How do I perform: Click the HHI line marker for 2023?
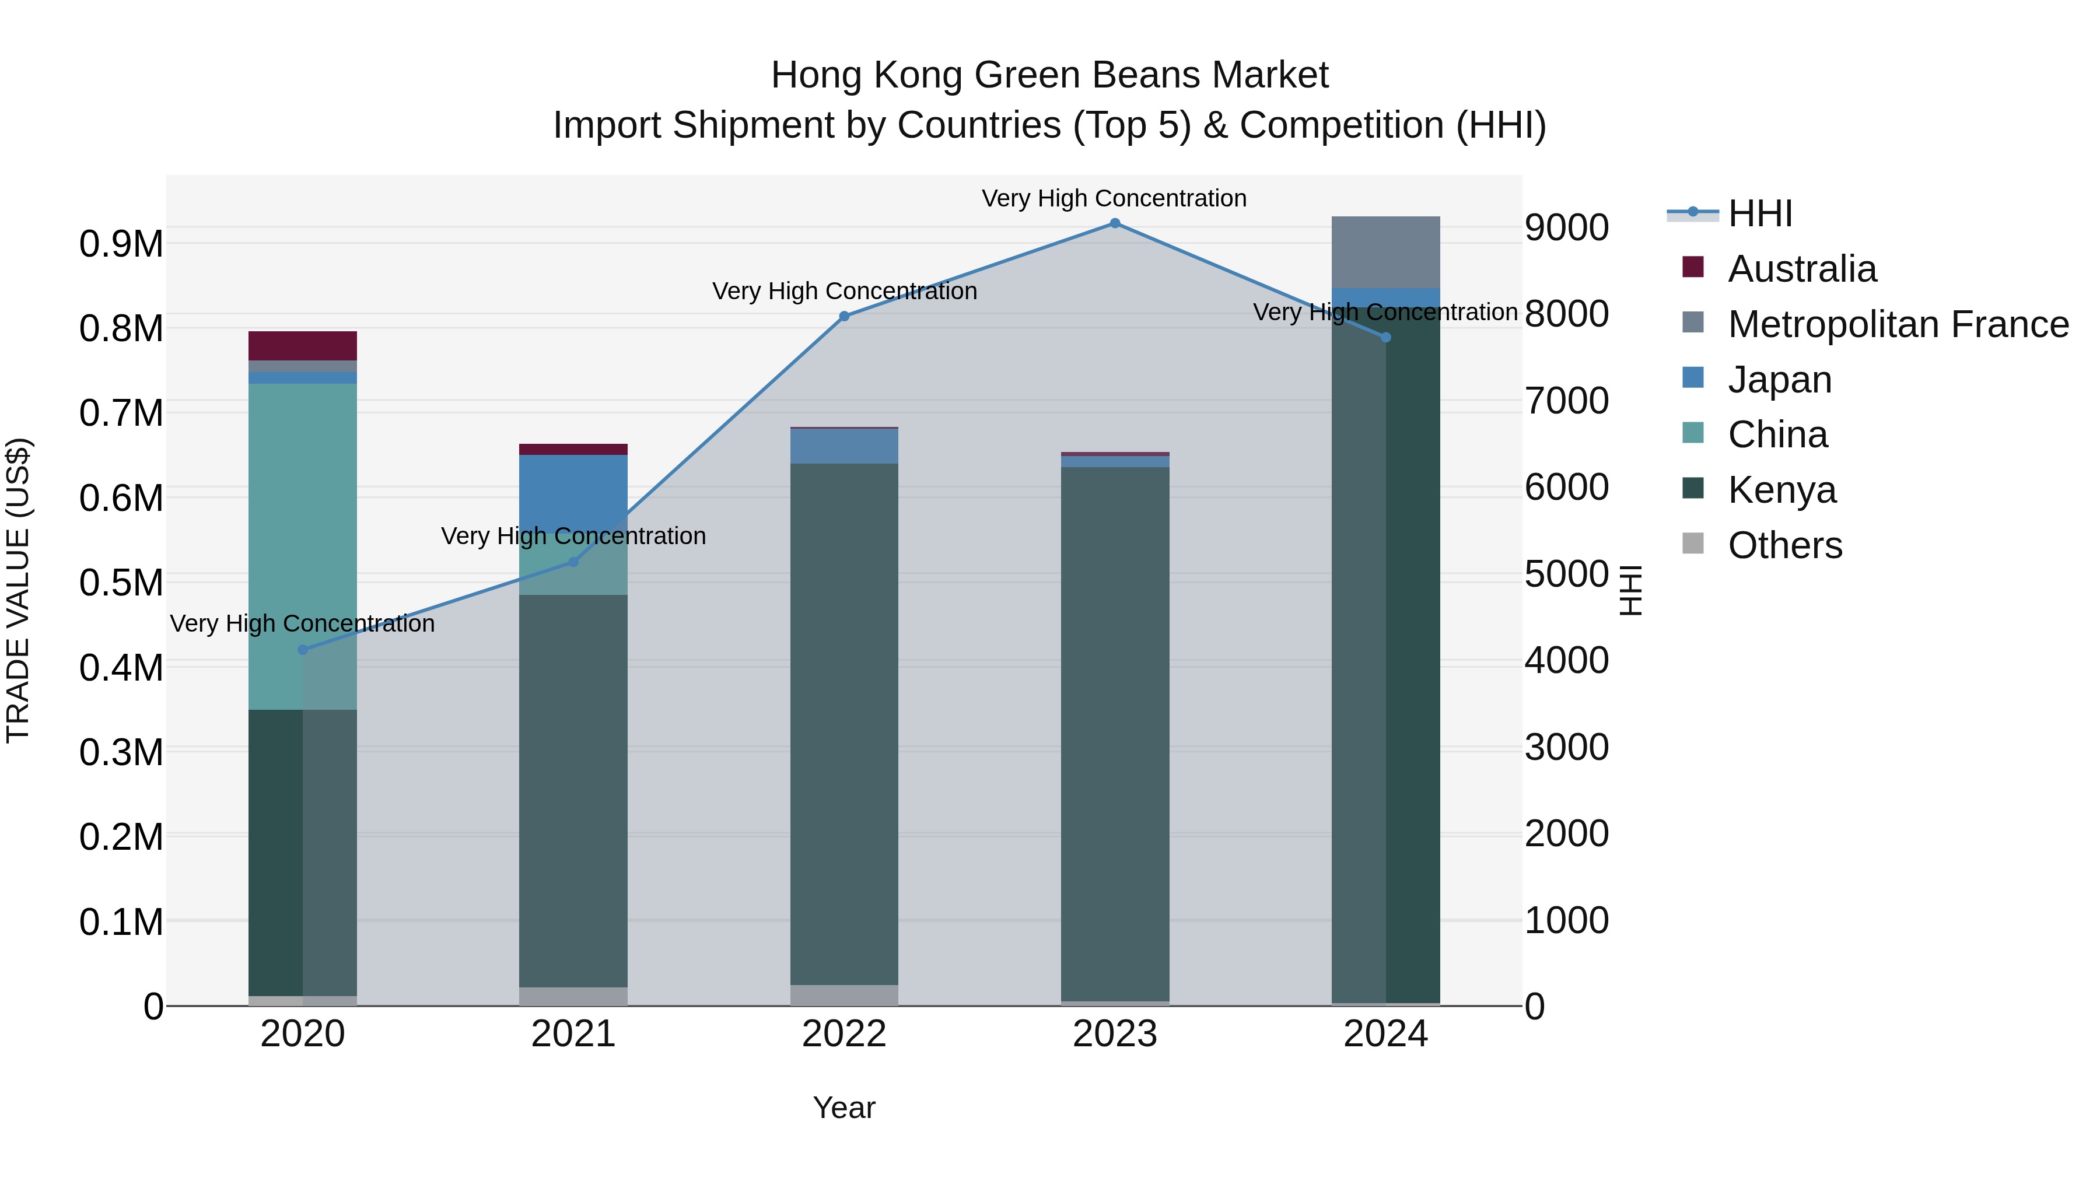click(x=1114, y=223)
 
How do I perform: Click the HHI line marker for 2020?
click(x=302, y=650)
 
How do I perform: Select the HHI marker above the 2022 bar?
click(x=843, y=316)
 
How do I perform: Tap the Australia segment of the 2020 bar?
click(x=302, y=346)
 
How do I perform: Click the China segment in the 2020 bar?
click(x=302, y=546)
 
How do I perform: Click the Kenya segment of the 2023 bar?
click(x=1114, y=734)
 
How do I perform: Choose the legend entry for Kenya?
click(x=1781, y=490)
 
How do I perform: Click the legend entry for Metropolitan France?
click(x=1897, y=324)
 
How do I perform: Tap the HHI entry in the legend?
click(x=1759, y=213)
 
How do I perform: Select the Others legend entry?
click(x=1784, y=545)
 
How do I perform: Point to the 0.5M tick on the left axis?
click(x=121, y=583)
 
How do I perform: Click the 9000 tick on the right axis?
click(x=1566, y=227)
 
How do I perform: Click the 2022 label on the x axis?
click(x=843, y=1034)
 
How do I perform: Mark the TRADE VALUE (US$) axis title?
click(x=18, y=590)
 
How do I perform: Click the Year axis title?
click(x=843, y=1108)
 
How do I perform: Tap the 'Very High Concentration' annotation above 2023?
click(x=1114, y=198)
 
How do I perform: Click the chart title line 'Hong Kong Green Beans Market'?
click(x=1049, y=75)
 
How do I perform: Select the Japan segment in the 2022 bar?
click(x=843, y=446)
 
